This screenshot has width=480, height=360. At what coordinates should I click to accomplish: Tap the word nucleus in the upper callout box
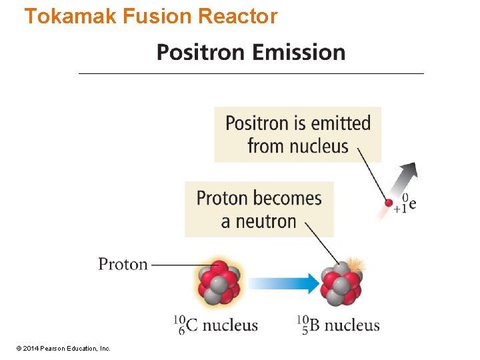[317, 146]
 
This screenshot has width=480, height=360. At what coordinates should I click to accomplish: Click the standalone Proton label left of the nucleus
[123, 264]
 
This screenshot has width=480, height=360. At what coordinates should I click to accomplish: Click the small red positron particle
[389, 201]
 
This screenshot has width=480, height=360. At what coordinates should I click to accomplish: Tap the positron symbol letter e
[413, 204]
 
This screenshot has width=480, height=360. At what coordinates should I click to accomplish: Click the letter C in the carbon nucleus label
[191, 325]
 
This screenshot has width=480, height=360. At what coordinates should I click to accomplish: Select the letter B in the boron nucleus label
[315, 325]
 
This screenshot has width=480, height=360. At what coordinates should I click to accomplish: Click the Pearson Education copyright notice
[64, 348]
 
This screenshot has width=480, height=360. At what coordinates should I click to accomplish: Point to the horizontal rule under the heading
[251, 73]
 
